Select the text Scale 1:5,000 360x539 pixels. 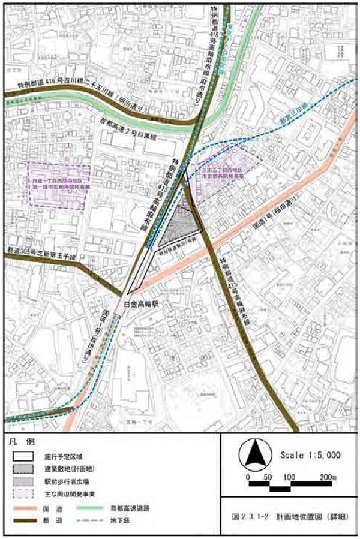310,456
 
